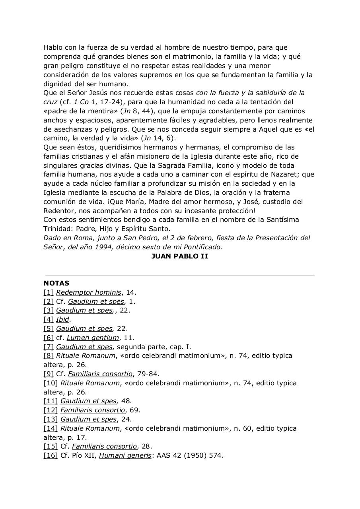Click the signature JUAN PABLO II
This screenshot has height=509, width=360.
click(x=179, y=256)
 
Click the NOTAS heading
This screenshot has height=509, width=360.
click(x=56, y=284)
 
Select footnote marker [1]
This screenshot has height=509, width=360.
click(x=49, y=293)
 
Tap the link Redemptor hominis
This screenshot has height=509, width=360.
click(x=88, y=293)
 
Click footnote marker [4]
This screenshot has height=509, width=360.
click(x=49, y=320)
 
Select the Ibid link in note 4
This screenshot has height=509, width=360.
click(x=62, y=320)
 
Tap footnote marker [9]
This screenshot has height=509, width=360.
click(x=49, y=374)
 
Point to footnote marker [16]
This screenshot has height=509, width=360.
click(x=51, y=456)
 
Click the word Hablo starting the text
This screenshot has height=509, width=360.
click(x=53, y=48)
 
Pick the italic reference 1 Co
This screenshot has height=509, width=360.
click(x=81, y=102)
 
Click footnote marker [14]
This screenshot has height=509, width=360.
click(x=51, y=429)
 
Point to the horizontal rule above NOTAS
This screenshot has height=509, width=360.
click(x=179, y=275)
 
